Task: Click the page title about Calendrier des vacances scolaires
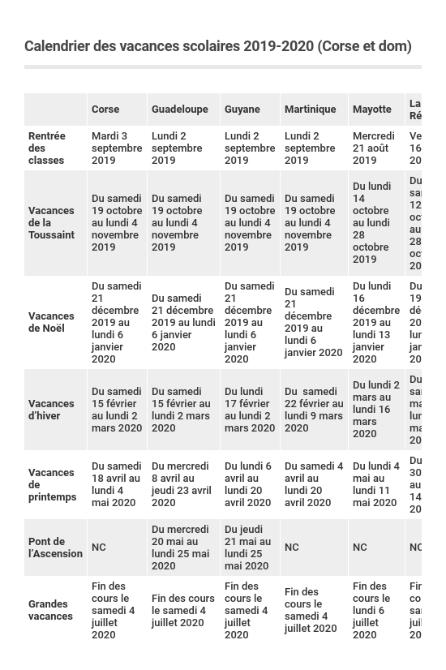(x=217, y=46)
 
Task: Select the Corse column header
(x=105, y=110)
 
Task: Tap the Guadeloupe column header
(x=180, y=110)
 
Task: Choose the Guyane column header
(x=242, y=110)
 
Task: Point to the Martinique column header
(x=310, y=110)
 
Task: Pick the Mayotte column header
(x=371, y=110)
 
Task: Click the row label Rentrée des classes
(x=47, y=148)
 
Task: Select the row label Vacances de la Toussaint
(x=51, y=223)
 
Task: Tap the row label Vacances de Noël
(x=51, y=322)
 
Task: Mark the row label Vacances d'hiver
(x=51, y=410)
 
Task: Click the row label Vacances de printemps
(x=52, y=484)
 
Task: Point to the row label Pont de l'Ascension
(x=55, y=548)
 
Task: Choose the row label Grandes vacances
(x=50, y=610)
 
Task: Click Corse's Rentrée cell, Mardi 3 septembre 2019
(x=116, y=148)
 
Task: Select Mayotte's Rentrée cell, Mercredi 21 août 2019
(x=374, y=148)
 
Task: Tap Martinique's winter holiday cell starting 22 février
(x=313, y=410)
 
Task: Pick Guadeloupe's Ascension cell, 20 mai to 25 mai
(x=181, y=548)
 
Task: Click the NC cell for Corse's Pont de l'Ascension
(x=99, y=548)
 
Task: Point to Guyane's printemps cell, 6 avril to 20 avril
(x=248, y=484)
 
